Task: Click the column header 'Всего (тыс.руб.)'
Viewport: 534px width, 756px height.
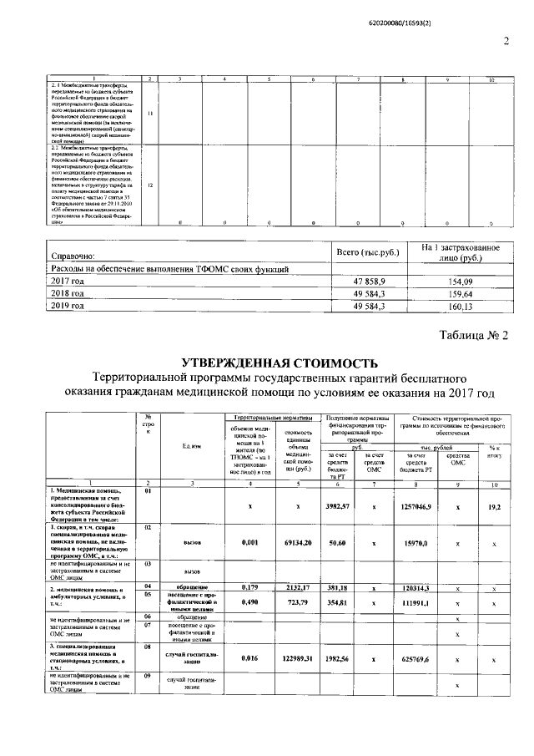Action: [368, 251]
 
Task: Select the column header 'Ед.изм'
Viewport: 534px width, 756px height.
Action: [191, 444]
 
